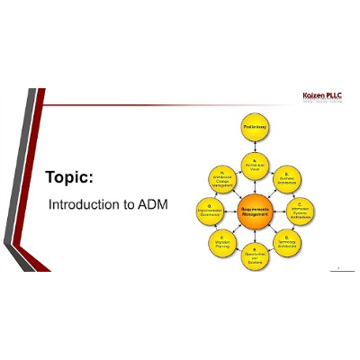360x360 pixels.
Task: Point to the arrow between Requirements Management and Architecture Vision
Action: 255,186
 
